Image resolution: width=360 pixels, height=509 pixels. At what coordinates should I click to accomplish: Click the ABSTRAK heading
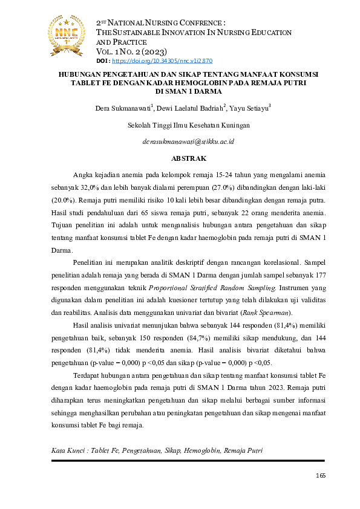pyautogui.click(x=189, y=158)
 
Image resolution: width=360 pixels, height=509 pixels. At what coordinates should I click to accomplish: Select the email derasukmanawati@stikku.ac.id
pyautogui.click(x=189, y=141)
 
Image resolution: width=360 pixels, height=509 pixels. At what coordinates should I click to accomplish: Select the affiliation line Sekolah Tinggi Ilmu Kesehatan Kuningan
pyautogui.click(x=189, y=125)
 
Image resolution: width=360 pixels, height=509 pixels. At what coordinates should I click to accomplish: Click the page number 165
pyautogui.click(x=321, y=475)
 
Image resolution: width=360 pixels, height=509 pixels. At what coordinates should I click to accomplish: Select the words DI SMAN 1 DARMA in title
pyautogui.click(x=188, y=92)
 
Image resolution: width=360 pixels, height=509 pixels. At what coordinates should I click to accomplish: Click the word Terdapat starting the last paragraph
pyautogui.click(x=88, y=375)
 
